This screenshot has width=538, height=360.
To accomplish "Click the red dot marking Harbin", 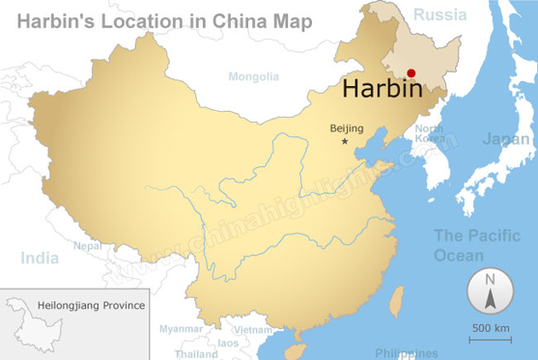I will [411, 73].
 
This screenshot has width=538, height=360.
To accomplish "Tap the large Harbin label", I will [382, 91].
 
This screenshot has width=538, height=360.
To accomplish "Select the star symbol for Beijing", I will [345, 142].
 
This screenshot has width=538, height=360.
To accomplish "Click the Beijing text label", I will [346, 127].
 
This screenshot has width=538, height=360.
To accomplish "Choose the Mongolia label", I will [253, 76].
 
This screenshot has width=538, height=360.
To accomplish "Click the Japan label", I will [506, 138].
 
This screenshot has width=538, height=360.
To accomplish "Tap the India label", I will [41, 258].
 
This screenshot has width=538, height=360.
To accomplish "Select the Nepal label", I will [88, 245].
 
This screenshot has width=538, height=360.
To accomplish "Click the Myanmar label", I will [181, 328].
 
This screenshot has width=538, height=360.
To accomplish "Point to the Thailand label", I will [196, 353].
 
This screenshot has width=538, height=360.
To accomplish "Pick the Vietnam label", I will [253, 329].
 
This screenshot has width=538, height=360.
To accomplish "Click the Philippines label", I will [406, 353].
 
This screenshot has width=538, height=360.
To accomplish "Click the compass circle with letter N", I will [491, 291].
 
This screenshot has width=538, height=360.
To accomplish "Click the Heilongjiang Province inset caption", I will [91, 306].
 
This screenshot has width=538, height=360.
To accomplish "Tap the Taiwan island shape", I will [394, 299].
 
